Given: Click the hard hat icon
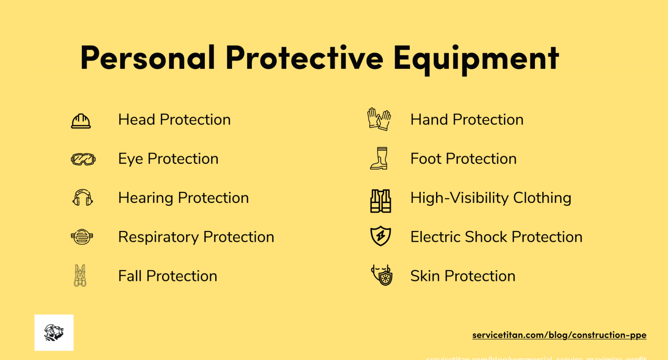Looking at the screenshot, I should click(x=81, y=121).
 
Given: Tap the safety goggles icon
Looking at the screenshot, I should click(x=83, y=159).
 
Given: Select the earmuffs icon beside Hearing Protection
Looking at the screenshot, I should click(x=83, y=198).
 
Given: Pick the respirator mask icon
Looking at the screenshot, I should click(x=82, y=237).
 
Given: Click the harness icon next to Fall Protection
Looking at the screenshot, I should click(x=80, y=276).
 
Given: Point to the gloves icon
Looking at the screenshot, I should click(x=379, y=119).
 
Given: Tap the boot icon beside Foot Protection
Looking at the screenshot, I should click(x=380, y=158).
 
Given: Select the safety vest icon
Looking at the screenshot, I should click(x=381, y=201).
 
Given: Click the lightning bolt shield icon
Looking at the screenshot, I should click(x=381, y=236).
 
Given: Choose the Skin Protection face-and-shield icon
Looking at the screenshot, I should click(x=382, y=275).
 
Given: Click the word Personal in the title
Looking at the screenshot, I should click(x=147, y=58).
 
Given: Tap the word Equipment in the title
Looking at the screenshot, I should click(x=476, y=58).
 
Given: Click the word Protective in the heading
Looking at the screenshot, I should click(x=304, y=58).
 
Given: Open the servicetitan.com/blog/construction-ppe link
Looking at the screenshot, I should click(x=559, y=335).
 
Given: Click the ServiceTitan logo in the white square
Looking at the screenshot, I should click(x=54, y=333).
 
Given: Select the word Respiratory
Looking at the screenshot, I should click(x=158, y=237).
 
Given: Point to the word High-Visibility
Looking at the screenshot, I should click(x=459, y=198).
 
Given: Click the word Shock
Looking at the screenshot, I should click(x=486, y=237).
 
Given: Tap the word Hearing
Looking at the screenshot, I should click(x=146, y=198).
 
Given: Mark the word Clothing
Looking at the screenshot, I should click(x=542, y=198).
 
